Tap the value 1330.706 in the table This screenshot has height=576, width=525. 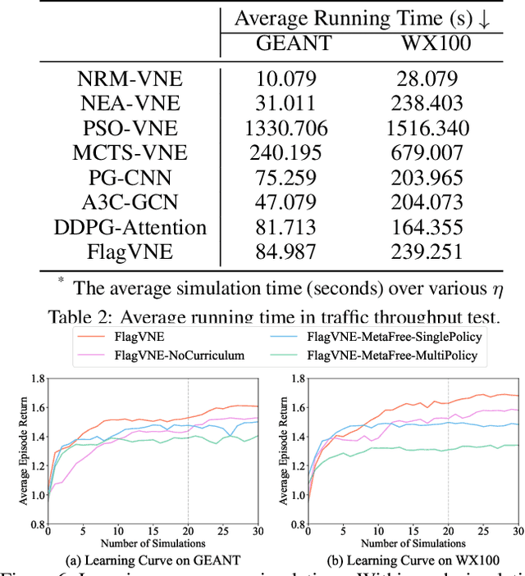[285, 129]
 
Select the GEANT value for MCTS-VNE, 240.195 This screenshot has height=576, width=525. [285, 153]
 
